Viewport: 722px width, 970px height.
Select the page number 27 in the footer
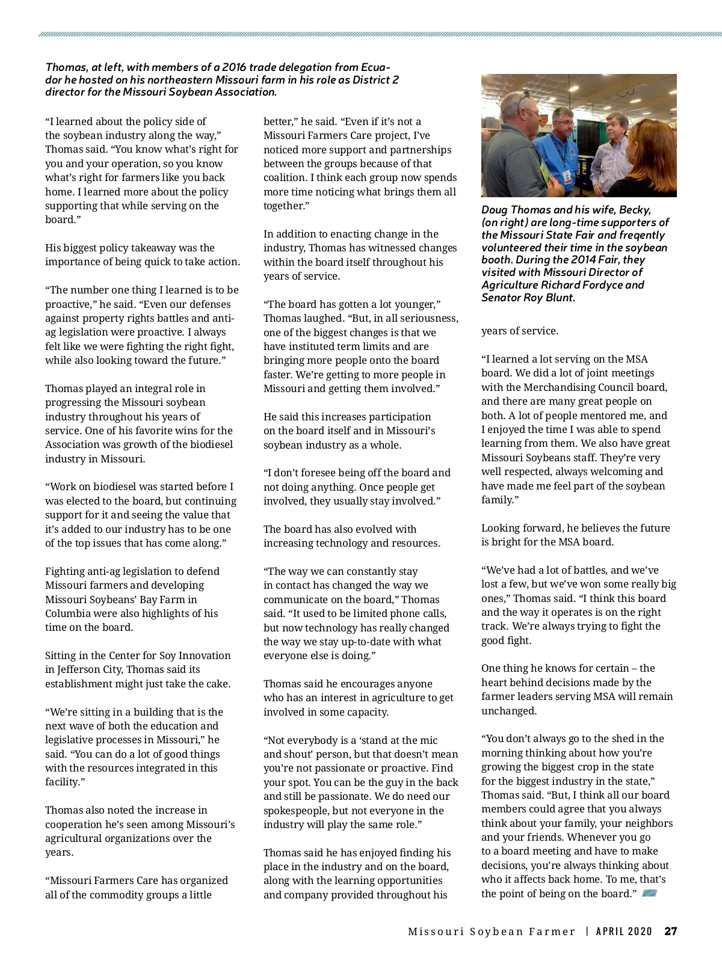(671, 932)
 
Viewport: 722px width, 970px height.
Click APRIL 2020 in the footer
(624, 932)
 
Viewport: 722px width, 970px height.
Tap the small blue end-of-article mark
(649, 893)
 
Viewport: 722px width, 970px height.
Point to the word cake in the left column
(216, 684)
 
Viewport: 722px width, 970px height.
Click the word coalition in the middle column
(285, 177)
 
